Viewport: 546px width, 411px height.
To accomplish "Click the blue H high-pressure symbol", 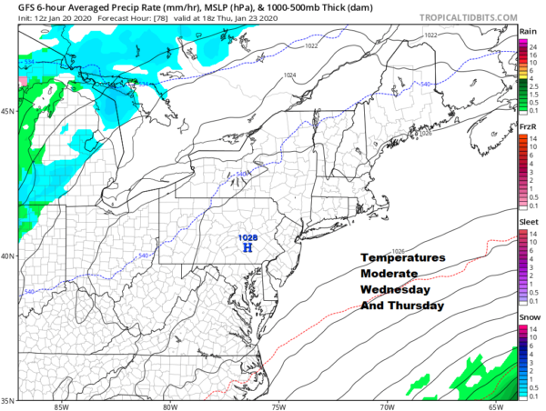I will (x=247, y=249).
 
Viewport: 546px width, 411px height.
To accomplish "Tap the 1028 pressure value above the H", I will (x=247, y=237).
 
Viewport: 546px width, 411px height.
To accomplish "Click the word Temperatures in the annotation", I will (x=402, y=258).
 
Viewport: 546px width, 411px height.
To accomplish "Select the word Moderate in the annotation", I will (x=389, y=274).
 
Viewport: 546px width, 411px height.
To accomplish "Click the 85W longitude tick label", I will (x=60, y=406).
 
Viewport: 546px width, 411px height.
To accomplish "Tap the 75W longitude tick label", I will (x=277, y=406).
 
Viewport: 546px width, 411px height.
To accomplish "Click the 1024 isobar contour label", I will (x=289, y=75).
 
